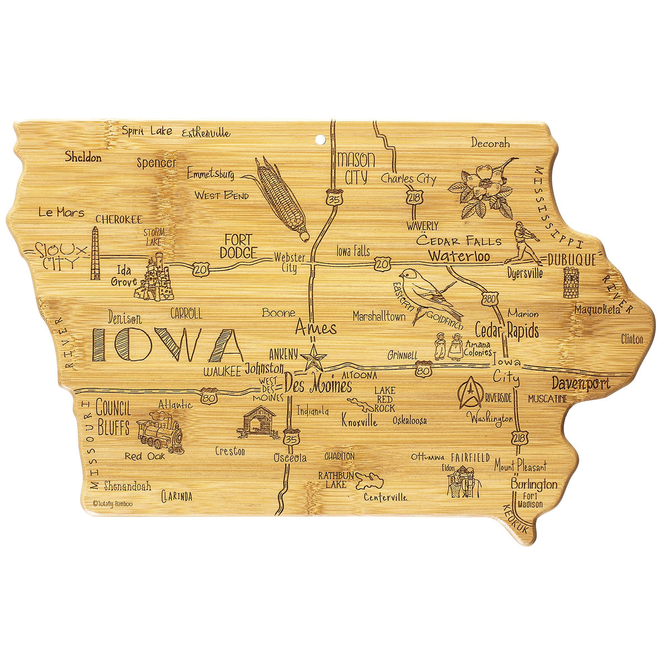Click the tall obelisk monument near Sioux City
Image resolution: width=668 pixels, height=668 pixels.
tap(95, 254)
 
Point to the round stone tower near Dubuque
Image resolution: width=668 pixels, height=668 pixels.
tap(571, 282)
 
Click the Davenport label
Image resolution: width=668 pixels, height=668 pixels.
tap(581, 383)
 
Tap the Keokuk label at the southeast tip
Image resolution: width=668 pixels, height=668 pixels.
tap(515, 519)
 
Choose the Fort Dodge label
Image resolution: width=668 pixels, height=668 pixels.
tap(238, 246)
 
